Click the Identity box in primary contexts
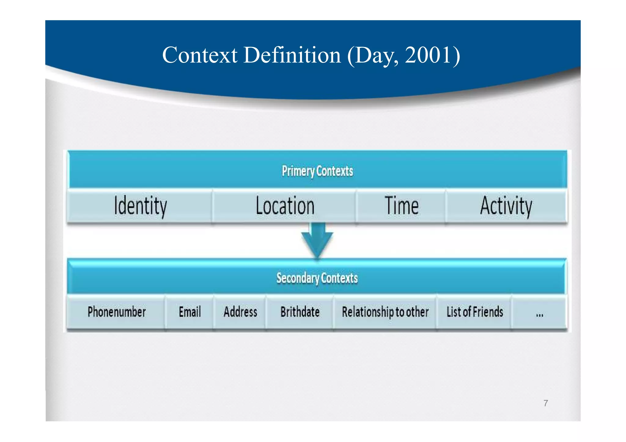[140, 206]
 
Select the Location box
[285, 206]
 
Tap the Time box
[401, 206]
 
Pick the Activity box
[506, 206]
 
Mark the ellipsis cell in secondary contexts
[539, 313]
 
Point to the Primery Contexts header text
[317, 171]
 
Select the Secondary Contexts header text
[317, 278]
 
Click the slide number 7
[546, 403]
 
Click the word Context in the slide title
[200, 55]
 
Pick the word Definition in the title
[292, 55]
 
